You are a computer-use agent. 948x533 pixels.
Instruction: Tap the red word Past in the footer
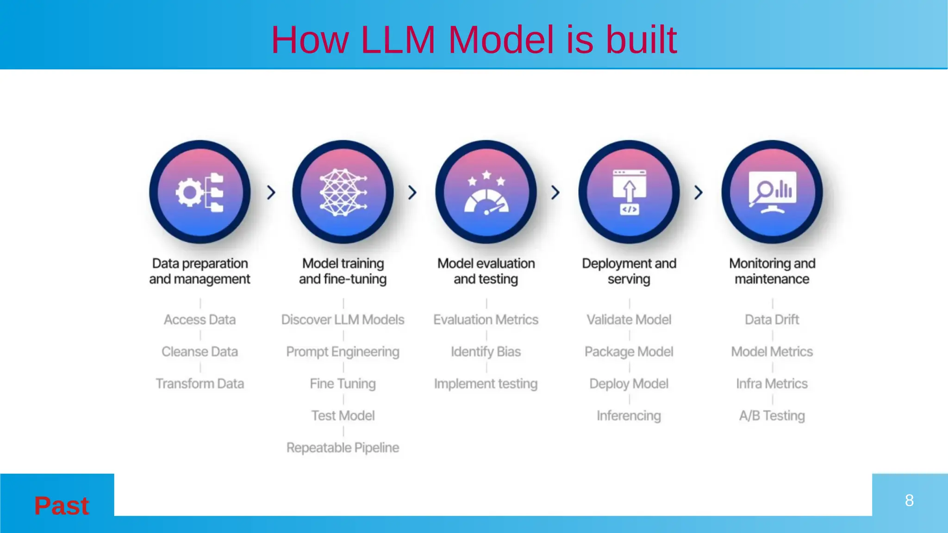62,505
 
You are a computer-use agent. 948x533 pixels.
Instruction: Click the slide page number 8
909,501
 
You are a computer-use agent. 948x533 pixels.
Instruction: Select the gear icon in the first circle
189,192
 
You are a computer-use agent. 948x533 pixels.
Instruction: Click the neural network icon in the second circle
343,192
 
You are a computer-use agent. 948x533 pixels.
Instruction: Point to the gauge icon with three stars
486,193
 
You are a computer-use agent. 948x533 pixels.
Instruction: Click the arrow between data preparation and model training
271,192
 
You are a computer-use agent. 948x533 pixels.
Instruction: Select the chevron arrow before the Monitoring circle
699,192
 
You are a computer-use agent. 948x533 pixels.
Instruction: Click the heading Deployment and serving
629,271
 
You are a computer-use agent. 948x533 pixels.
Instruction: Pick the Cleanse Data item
200,352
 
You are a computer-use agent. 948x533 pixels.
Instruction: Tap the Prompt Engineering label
343,352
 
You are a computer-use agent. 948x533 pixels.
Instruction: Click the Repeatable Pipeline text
343,448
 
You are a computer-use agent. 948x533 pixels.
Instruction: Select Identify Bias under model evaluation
486,352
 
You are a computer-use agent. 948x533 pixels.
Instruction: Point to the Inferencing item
629,416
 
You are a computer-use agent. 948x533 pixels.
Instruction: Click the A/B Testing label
772,416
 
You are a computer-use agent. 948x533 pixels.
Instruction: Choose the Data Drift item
772,320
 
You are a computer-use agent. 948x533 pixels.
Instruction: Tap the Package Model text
629,352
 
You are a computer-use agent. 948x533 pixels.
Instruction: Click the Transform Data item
200,384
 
